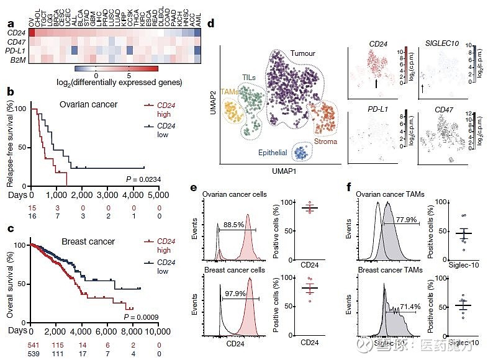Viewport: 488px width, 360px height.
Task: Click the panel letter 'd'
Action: [212, 24]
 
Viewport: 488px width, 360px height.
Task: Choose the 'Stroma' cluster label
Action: [325, 142]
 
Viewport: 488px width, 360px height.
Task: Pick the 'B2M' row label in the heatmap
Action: [17, 60]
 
